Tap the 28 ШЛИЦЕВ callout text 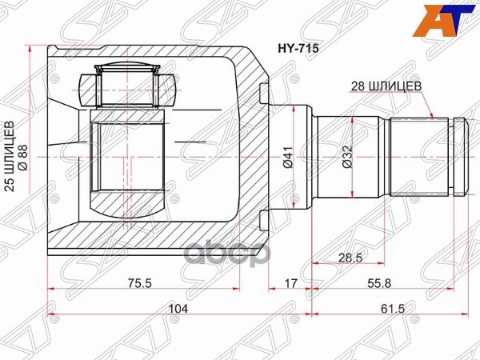point(383,84)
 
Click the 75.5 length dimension point(144,281)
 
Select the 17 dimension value point(291,281)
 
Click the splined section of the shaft point(420,158)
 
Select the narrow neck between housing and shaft point(302,158)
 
